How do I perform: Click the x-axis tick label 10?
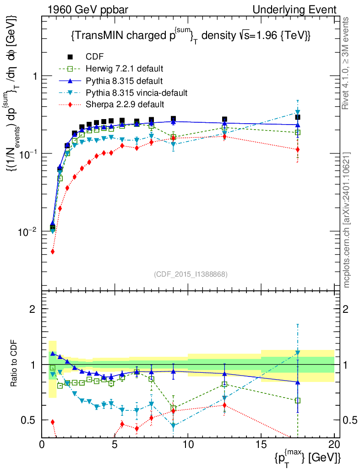click(x=188, y=444)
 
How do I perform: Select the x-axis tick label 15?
click(x=261, y=444)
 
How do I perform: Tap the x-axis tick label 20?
click(x=334, y=444)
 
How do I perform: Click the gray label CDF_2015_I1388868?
click(x=191, y=274)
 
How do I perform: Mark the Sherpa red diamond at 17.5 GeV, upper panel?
click(x=298, y=149)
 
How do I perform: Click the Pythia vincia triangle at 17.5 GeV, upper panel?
click(x=298, y=112)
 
